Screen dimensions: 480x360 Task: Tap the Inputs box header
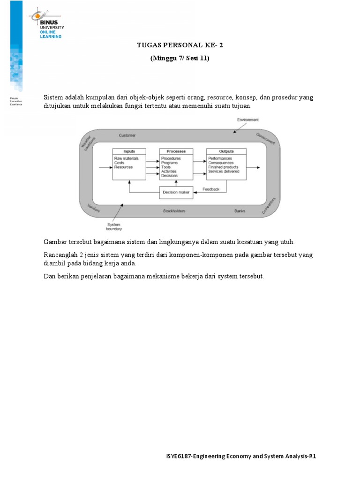pos(129,151)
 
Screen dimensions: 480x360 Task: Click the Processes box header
pos(176,151)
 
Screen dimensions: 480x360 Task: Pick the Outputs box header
pos(226,151)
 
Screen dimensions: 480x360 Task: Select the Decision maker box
pos(176,192)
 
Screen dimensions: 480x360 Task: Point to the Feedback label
pos(210,189)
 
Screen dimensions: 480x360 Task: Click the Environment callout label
pos(247,120)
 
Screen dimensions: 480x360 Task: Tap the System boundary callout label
pos(114,227)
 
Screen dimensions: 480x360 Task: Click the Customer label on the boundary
pos(127,135)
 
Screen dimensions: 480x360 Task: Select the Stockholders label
pos(174,211)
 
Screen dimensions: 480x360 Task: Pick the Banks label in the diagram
pos(240,211)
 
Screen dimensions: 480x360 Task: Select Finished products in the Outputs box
pos(223,167)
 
